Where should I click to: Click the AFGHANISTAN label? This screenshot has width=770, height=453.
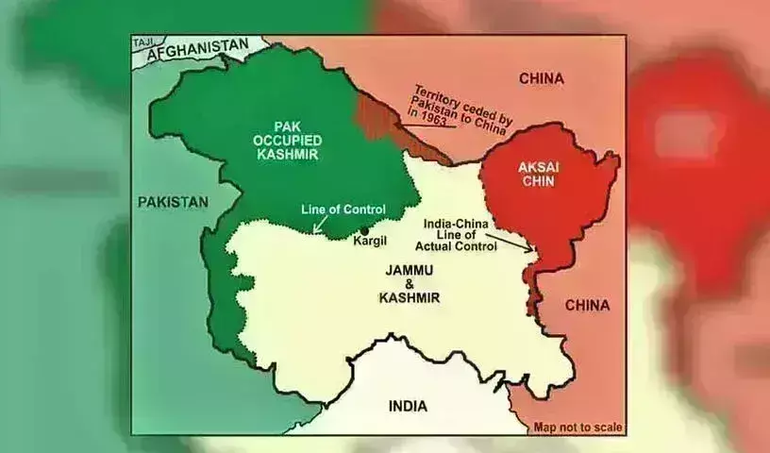196,47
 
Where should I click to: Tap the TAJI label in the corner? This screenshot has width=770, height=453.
143,42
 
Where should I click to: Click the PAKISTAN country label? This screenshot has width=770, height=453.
172,202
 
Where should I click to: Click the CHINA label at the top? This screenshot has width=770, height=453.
541,78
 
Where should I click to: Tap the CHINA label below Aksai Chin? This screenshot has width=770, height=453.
587,305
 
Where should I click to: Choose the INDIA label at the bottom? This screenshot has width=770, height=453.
407,406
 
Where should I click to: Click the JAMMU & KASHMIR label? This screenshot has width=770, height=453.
411,282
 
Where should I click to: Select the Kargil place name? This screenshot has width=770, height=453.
370,241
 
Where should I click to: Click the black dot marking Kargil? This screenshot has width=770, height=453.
364,229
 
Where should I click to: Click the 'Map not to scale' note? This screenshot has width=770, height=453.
577,427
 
